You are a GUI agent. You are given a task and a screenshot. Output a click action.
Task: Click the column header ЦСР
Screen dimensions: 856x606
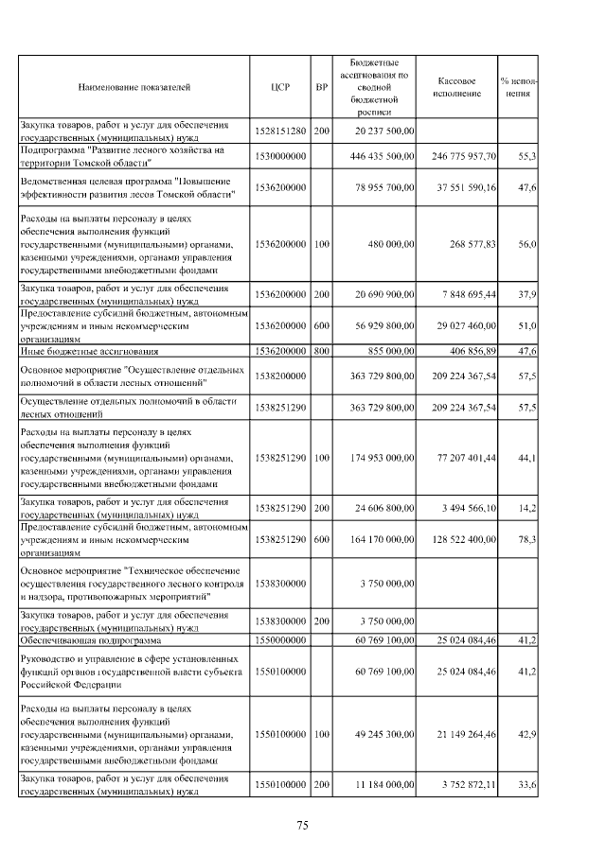(280, 86)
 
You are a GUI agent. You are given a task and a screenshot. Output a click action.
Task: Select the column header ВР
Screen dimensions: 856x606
(321, 86)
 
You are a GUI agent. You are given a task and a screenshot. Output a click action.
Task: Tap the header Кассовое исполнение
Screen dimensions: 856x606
(457, 86)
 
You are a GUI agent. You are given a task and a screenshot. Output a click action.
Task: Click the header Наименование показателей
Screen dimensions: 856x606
(134, 86)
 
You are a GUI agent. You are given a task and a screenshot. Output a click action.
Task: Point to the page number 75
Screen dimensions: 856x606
(302, 825)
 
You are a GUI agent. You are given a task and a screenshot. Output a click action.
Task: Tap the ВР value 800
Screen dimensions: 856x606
(321, 350)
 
